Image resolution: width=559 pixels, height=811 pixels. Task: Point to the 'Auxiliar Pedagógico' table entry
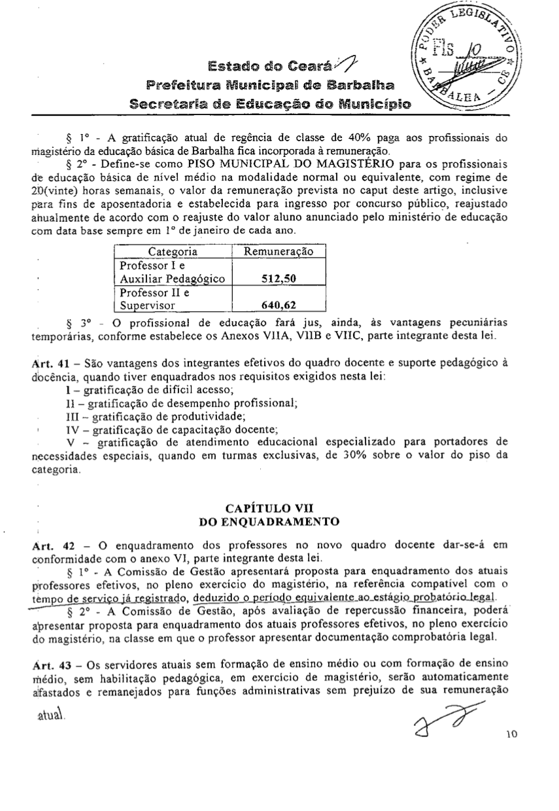(x=171, y=279)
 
